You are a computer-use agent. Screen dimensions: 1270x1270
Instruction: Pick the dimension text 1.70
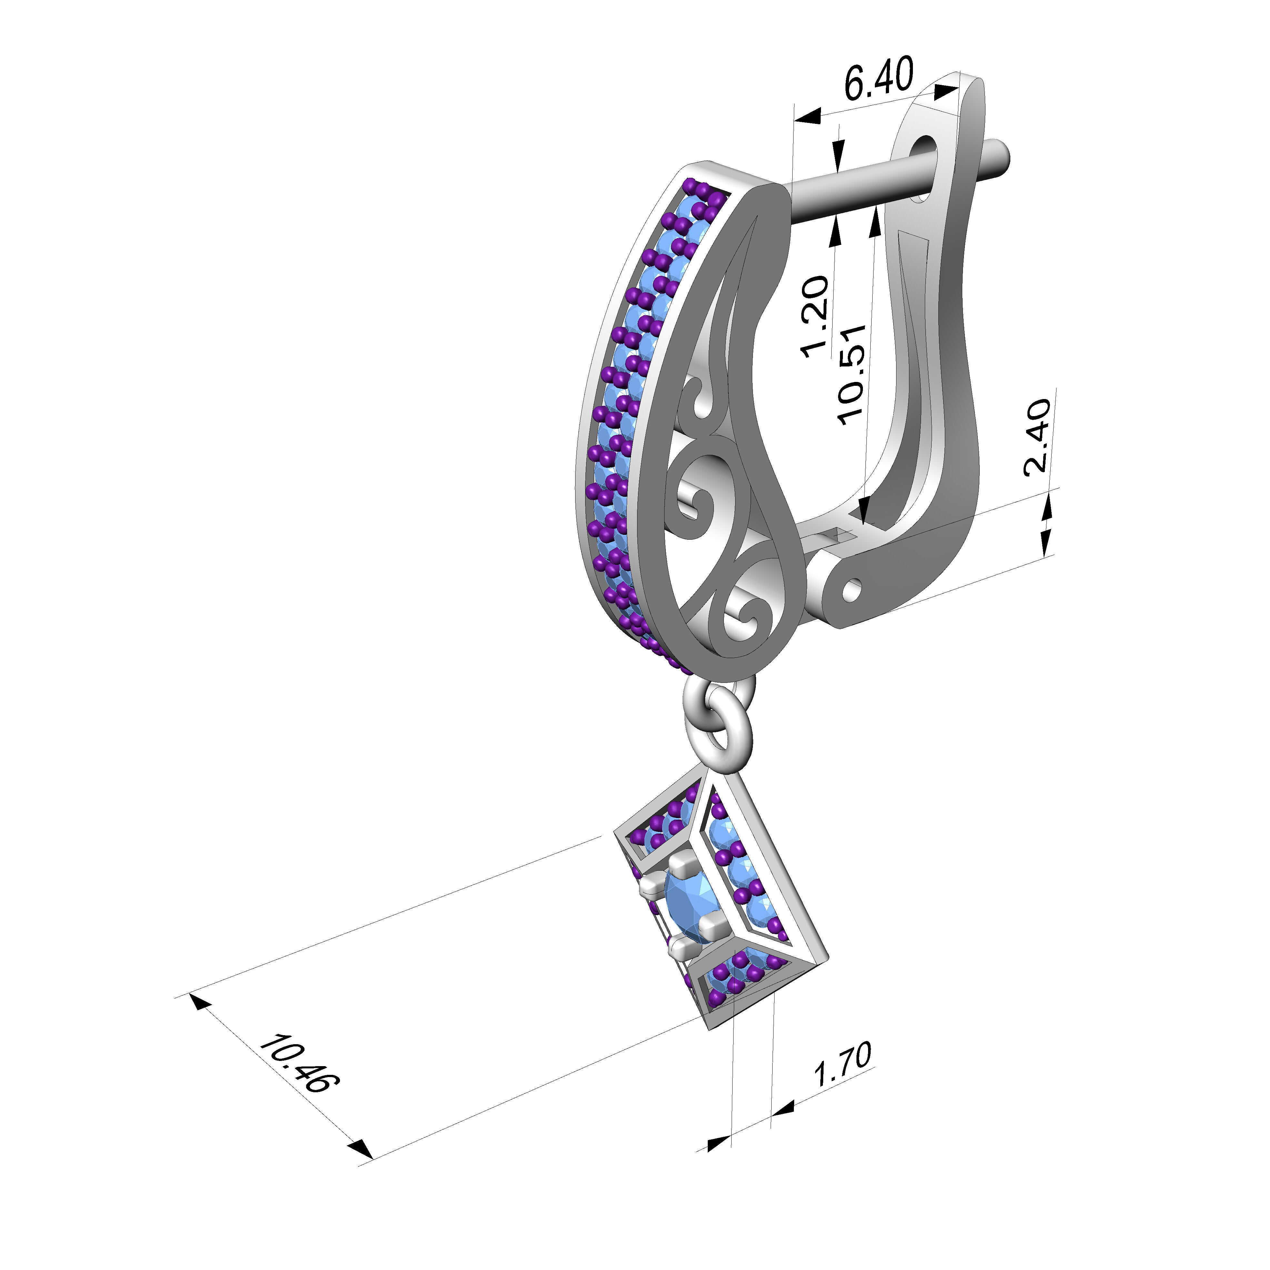(x=843, y=1065)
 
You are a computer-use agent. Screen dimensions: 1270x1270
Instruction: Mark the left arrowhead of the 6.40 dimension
(x=807, y=117)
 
